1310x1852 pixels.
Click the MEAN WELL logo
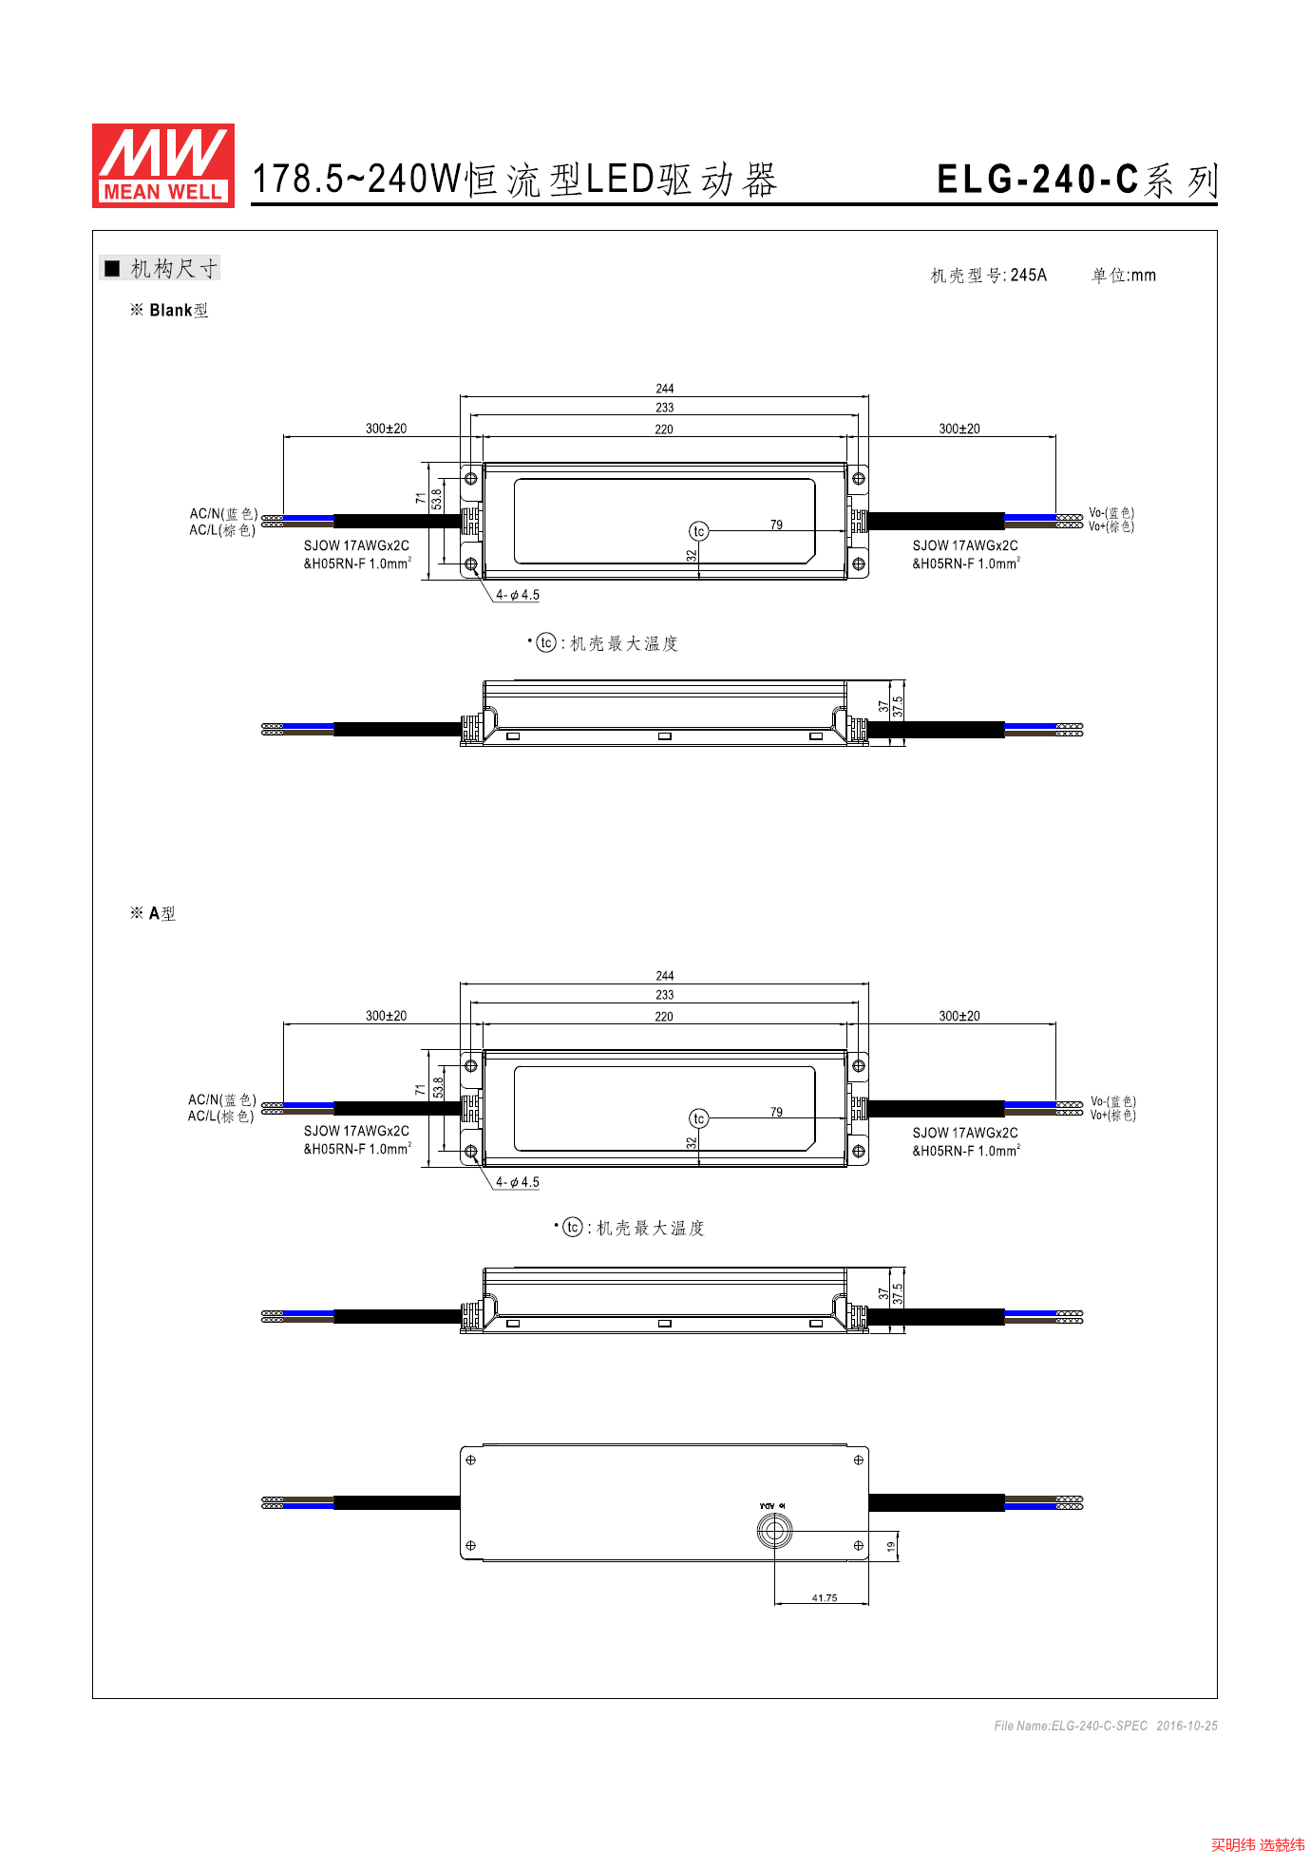pyautogui.click(x=163, y=165)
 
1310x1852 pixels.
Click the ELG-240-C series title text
pyautogui.click(x=1076, y=180)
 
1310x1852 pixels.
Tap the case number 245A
pyautogui.click(x=1029, y=276)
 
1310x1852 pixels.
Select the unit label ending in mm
pyautogui.click(x=1124, y=276)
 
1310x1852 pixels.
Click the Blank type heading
pyautogui.click(x=169, y=311)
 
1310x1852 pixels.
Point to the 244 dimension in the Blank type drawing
pyautogui.click(x=665, y=389)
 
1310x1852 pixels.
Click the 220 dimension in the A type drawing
pyautogui.click(x=664, y=1017)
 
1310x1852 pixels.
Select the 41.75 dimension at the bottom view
pyautogui.click(x=825, y=1598)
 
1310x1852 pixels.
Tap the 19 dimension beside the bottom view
pyautogui.click(x=891, y=1547)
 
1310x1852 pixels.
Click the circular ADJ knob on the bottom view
pyautogui.click(x=774, y=1531)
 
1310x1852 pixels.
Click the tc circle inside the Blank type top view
pyautogui.click(x=699, y=531)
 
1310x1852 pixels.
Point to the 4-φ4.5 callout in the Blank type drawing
pyautogui.click(x=518, y=596)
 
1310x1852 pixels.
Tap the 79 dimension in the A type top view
pyautogui.click(x=777, y=1113)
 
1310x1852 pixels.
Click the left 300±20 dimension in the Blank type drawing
pyautogui.click(x=387, y=429)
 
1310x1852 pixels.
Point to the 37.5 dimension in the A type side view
pyautogui.click(x=898, y=1293)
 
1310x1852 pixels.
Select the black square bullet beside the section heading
pyautogui.click(x=112, y=269)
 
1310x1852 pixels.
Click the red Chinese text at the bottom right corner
pyautogui.click(x=1258, y=1844)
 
